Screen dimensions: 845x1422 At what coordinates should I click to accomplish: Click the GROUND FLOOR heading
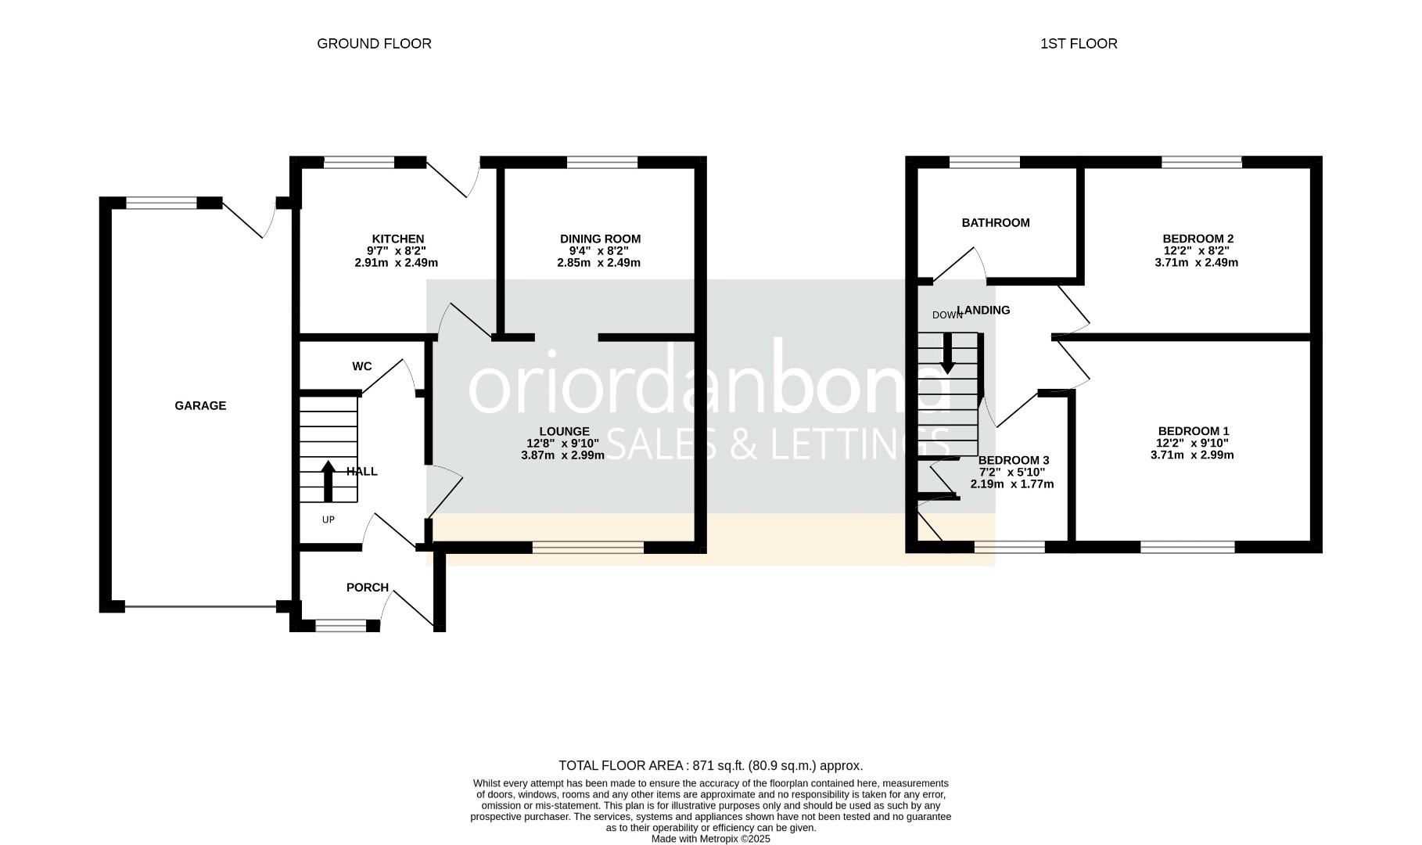click(x=374, y=44)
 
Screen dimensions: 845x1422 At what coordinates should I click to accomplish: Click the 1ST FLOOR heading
click(x=1079, y=44)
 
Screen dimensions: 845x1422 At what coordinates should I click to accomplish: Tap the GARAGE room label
click(x=200, y=405)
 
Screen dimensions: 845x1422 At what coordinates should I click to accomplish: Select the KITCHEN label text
click(x=397, y=239)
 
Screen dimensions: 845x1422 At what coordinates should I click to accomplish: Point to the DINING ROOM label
click(x=600, y=239)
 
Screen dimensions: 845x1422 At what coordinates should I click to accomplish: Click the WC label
click(x=361, y=366)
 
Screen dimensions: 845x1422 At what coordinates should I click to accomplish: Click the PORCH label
click(x=367, y=588)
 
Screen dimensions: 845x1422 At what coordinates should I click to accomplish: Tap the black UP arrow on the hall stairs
click(x=328, y=481)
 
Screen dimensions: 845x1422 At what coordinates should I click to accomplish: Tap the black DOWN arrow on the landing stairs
click(x=947, y=354)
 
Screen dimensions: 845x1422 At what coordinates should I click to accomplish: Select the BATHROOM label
click(x=995, y=223)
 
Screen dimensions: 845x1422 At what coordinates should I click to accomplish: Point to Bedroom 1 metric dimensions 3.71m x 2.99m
click(x=1192, y=455)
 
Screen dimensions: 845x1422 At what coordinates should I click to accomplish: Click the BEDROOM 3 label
click(x=1013, y=460)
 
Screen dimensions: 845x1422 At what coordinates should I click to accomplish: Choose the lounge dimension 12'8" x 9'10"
click(x=563, y=443)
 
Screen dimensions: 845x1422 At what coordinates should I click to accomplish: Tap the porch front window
click(x=340, y=625)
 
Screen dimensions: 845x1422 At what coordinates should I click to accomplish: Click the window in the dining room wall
click(x=601, y=162)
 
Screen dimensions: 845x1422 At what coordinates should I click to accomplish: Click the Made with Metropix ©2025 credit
click(x=710, y=839)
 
